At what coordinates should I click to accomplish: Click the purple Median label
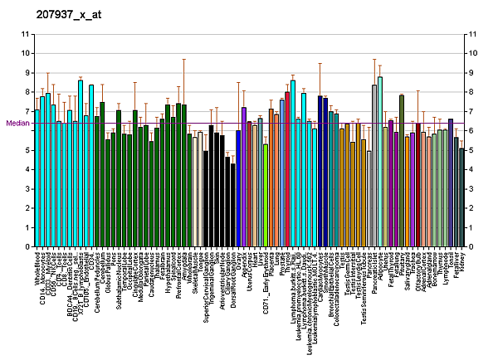click(x=17, y=123)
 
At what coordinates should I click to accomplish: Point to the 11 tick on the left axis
click(x=26, y=34)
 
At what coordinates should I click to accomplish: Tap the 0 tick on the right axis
click(x=471, y=247)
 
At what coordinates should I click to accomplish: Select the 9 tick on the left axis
click(x=26, y=73)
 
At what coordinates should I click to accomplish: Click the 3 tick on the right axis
click(x=471, y=189)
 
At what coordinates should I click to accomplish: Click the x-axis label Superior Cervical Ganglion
click(x=206, y=289)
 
